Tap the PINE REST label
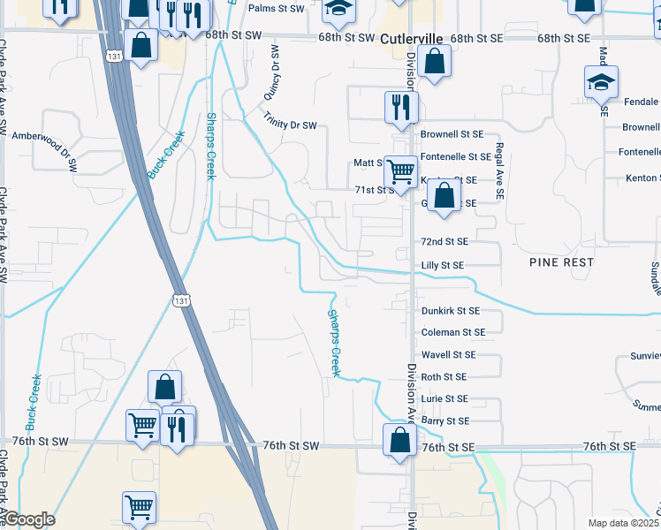pos(561,262)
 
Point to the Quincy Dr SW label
pos(270,72)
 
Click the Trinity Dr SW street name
pos(289,120)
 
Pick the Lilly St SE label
pos(442,265)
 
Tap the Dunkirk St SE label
pos(450,311)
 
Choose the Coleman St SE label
pos(452,333)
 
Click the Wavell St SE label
pos(448,355)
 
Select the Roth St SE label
pos(443,377)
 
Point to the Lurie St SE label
pos(444,399)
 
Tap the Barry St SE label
pos(444,421)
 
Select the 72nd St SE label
pos(444,241)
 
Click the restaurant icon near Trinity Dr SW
pos(400,107)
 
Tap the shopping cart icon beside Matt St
pos(400,170)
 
